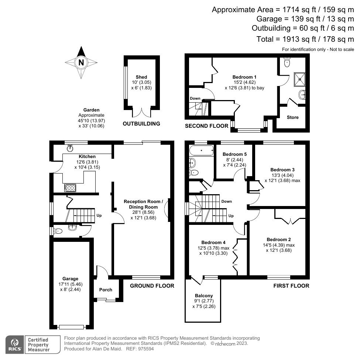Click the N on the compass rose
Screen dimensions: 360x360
pos(81,62)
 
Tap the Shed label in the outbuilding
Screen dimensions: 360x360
pos(141,77)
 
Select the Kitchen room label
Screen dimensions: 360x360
pos(87,157)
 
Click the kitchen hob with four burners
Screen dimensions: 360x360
pos(71,187)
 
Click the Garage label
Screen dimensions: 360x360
pos(70,278)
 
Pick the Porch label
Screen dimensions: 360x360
pos(106,289)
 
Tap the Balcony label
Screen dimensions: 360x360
pos(204,296)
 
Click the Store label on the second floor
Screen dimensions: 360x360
pos(293,117)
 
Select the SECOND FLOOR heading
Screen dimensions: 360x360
pos(207,126)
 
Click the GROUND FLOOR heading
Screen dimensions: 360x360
pos(152,285)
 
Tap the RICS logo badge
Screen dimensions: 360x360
pos(14,344)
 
